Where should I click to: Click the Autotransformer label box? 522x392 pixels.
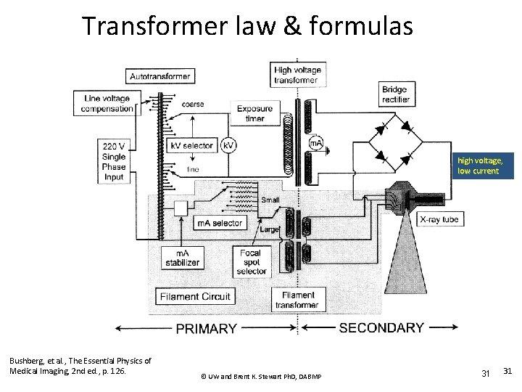160,76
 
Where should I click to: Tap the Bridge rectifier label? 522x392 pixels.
395,94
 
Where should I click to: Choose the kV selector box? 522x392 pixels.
192,145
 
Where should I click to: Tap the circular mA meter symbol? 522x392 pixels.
316,143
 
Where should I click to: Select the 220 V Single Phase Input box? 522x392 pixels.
114,161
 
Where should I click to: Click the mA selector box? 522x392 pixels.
220,223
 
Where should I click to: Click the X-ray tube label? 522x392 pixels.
442,219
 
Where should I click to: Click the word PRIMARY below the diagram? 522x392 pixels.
206,328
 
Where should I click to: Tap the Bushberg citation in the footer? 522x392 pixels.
80,366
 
